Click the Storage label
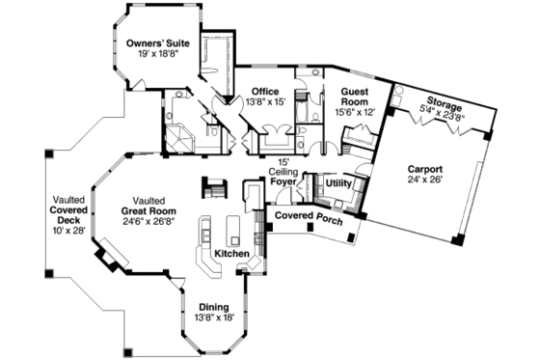445,102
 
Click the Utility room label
338,181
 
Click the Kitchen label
231,253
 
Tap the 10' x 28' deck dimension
70,232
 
